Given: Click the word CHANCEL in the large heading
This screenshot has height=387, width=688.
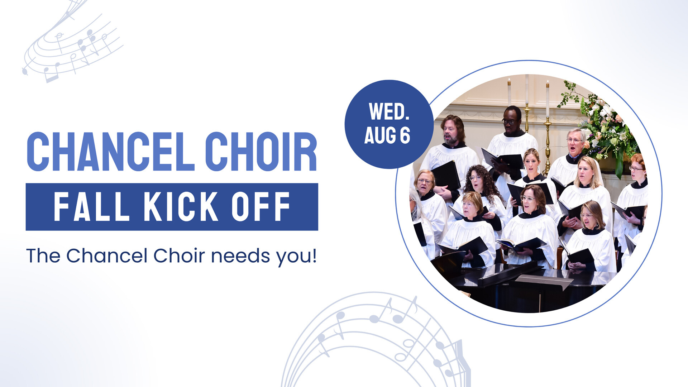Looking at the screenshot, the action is point(111,152).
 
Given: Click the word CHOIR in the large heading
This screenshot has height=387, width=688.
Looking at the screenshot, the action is point(261,152).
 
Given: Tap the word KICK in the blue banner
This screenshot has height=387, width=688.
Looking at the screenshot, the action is point(181,206).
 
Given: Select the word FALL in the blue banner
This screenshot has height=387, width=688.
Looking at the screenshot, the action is point(91,206).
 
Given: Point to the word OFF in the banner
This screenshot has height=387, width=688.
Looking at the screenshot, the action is point(261,206).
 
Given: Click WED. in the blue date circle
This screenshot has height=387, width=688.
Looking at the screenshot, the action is point(389,112).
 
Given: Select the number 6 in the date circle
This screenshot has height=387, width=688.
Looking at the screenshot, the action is point(405,135).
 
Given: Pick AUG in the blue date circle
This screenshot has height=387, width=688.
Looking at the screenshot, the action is point(380,135).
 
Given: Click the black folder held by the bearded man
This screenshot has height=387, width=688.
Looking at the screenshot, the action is point(446,176).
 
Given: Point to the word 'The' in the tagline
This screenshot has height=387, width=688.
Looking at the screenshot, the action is point(43,256).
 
